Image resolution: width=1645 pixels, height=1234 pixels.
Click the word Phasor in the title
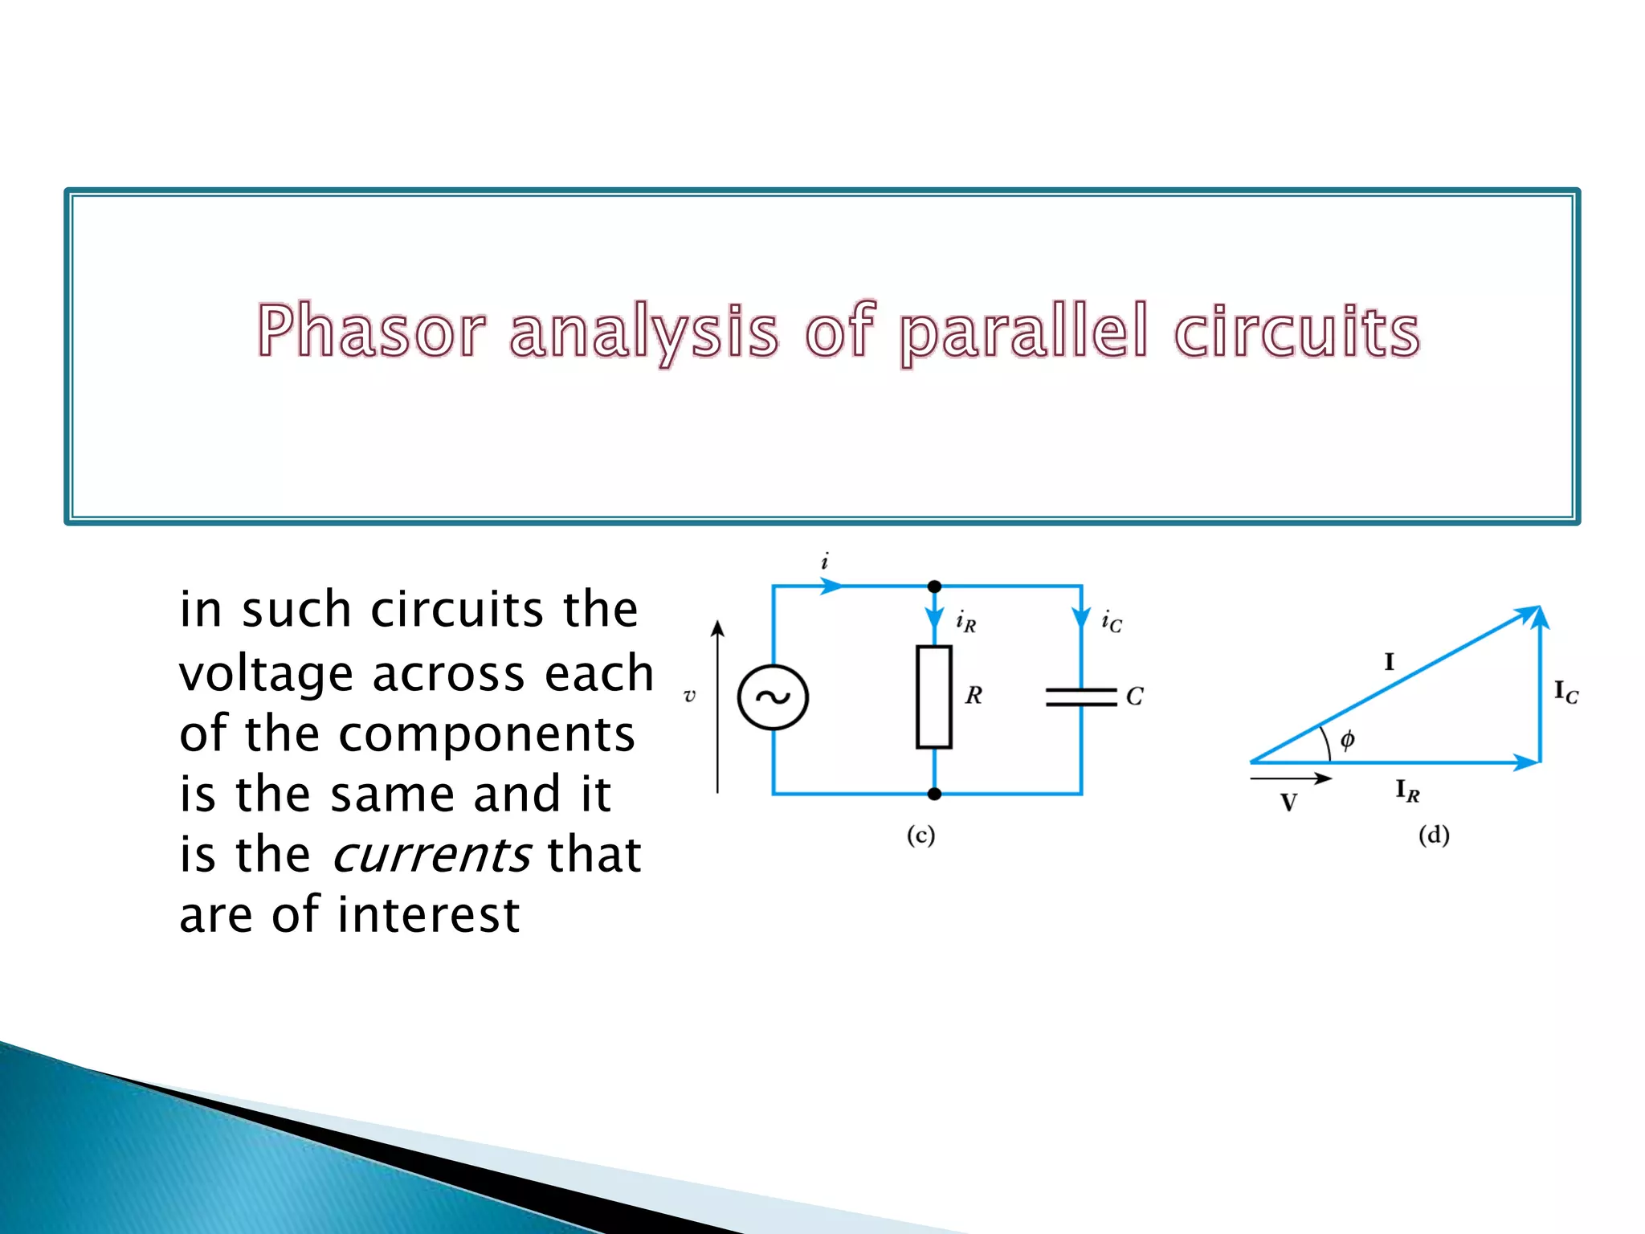tap(371, 331)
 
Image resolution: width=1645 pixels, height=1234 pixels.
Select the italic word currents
tap(431, 854)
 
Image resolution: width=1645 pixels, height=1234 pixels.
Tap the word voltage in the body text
tap(266, 673)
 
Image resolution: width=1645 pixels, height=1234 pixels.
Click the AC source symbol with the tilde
tap(773, 697)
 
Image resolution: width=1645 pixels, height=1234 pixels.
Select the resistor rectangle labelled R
tap(934, 697)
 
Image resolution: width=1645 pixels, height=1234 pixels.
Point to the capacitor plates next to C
tap(1081, 697)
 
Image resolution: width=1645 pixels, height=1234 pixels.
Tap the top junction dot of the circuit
tap(934, 586)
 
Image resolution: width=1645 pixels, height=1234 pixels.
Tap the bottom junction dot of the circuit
tap(934, 794)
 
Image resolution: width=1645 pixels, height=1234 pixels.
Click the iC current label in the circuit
tap(1112, 621)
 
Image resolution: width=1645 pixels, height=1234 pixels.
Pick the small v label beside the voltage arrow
tap(689, 696)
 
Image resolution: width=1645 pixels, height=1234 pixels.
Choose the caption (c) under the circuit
tap(920, 836)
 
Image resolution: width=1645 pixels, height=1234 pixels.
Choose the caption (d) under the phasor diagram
tap(1434, 836)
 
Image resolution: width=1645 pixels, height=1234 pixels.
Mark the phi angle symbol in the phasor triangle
tap(1347, 738)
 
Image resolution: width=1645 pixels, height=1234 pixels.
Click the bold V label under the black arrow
tap(1288, 803)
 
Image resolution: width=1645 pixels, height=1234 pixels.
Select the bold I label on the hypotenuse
tap(1389, 662)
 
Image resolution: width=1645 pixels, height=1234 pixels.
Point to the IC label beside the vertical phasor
tap(1565, 692)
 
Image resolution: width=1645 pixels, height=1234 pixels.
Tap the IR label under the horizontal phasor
tap(1407, 791)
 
